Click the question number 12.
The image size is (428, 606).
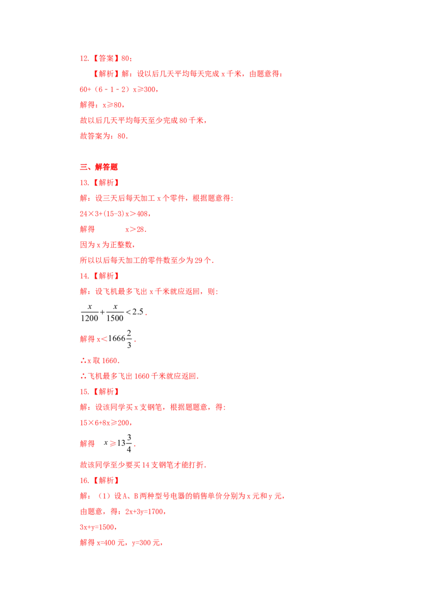click(x=84, y=58)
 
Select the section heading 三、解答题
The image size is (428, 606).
click(x=98, y=167)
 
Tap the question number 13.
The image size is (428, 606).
click(x=84, y=183)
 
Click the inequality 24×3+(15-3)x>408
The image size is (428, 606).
click(x=114, y=214)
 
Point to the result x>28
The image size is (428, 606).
click(x=135, y=229)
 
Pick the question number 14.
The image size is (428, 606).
click(x=84, y=276)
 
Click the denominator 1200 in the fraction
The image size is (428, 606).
click(x=90, y=318)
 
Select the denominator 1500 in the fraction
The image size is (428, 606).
click(x=115, y=318)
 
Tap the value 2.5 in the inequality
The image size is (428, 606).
click(x=138, y=312)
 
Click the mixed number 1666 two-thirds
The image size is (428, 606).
click(x=120, y=338)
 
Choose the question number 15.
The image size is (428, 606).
click(x=84, y=391)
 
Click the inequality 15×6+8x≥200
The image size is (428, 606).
click(x=105, y=423)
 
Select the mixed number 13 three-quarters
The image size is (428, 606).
click(x=124, y=443)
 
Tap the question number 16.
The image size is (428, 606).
click(x=84, y=480)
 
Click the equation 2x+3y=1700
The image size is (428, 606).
click(x=144, y=512)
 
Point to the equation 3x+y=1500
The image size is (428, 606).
click(x=97, y=527)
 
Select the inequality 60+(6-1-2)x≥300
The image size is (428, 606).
click(x=118, y=89)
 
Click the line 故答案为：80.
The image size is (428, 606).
click(x=104, y=136)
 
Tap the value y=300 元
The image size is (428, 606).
click(x=146, y=543)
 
